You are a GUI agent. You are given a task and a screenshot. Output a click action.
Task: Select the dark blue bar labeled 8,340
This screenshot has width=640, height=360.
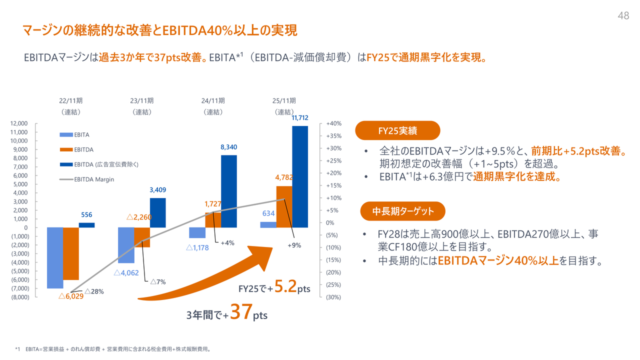coord(229,191)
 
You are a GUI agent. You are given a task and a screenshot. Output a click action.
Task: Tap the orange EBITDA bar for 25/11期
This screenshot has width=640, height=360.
coord(284,206)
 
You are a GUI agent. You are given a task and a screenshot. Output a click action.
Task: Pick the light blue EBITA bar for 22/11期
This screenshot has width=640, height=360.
coord(55,257)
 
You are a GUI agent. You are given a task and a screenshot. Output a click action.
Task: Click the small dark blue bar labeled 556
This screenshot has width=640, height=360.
coord(86,225)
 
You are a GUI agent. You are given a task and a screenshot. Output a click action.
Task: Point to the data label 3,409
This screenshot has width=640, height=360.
coord(158,190)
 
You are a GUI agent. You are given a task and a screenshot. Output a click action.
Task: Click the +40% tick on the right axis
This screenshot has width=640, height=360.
coord(333,123)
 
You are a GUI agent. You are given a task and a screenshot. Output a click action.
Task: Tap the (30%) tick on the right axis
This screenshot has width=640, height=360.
coord(333,297)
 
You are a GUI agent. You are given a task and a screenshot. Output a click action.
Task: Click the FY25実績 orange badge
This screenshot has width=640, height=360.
coord(397,131)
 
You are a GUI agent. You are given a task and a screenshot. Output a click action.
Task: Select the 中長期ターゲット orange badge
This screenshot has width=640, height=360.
coord(402,211)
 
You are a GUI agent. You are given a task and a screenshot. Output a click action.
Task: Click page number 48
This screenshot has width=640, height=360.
coord(623,16)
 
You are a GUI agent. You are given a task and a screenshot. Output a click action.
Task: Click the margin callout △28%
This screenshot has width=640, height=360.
coord(94,291)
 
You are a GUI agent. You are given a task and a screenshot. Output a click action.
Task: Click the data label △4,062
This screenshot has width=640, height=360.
coord(126,273)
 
